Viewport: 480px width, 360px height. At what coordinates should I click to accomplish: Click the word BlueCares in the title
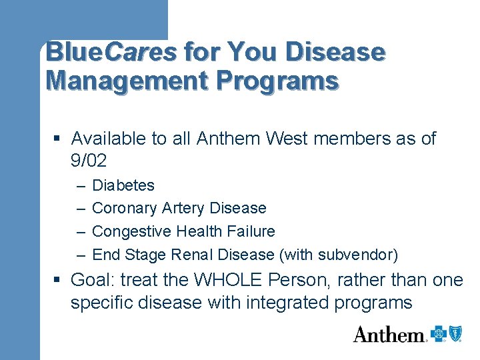click(111, 52)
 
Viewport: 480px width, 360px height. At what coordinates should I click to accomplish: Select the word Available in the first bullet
click(108, 139)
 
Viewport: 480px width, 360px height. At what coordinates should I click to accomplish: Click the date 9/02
click(89, 161)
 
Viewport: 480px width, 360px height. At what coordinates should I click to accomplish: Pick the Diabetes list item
click(123, 185)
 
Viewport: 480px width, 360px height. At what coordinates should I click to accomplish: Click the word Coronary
click(125, 209)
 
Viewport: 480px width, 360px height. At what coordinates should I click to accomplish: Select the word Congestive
click(132, 232)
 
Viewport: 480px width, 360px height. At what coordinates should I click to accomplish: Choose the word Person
click(304, 280)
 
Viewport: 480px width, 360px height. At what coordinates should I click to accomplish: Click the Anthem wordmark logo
click(389, 335)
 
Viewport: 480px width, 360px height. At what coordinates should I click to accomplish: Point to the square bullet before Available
click(59, 139)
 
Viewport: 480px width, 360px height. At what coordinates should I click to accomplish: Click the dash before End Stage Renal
click(81, 255)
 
